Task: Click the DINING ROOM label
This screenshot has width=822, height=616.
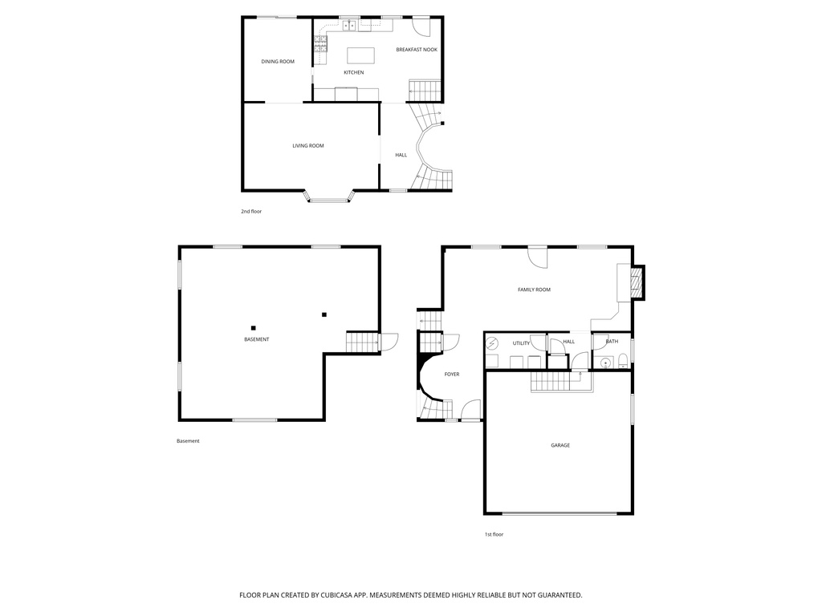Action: click(278, 62)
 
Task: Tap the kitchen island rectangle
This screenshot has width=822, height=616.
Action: click(360, 55)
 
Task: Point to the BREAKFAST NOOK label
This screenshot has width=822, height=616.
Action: click(417, 50)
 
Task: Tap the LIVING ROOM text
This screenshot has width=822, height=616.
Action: click(308, 146)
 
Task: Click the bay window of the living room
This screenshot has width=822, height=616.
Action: click(328, 197)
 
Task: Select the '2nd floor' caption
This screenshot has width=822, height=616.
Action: click(251, 212)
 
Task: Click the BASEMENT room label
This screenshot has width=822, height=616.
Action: click(257, 339)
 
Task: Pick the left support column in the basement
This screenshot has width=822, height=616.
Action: click(253, 327)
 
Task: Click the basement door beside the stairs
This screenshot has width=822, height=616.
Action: click(389, 342)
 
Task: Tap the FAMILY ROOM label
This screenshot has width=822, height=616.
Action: click(534, 290)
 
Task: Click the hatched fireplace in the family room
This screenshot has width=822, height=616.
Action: click(636, 282)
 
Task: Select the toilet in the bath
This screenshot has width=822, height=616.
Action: click(622, 362)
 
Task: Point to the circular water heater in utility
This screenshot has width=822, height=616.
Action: click(492, 344)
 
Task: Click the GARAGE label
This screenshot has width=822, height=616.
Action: click(560, 445)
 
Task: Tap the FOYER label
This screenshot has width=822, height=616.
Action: click(452, 375)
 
